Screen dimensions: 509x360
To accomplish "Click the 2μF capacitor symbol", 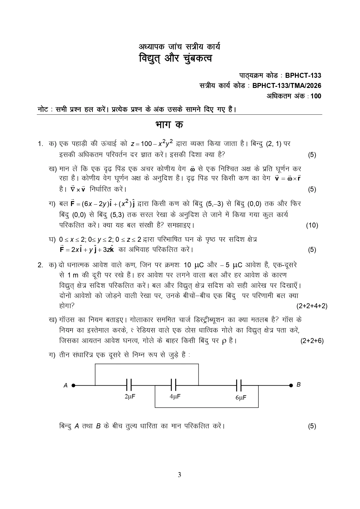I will click(x=129, y=385).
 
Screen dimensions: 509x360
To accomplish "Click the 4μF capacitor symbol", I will click(x=173, y=385).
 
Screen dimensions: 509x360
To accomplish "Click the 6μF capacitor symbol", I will click(x=239, y=385).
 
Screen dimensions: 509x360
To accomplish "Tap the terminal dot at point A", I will click(x=73, y=385).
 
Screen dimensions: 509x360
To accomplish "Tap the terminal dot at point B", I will click(x=291, y=385).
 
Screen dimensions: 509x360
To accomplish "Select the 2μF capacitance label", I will click(x=130, y=397).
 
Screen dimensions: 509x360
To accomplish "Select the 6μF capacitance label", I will click(x=241, y=398).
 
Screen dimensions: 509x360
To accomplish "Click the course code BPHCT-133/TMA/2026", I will click(x=287, y=86).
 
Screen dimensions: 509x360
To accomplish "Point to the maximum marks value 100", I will click(x=316, y=96).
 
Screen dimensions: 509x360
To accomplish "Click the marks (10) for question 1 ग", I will click(x=312, y=225).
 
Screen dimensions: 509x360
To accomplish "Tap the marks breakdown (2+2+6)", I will click(x=312, y=341).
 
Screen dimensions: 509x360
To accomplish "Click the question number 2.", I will click(x=40, y=265).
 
